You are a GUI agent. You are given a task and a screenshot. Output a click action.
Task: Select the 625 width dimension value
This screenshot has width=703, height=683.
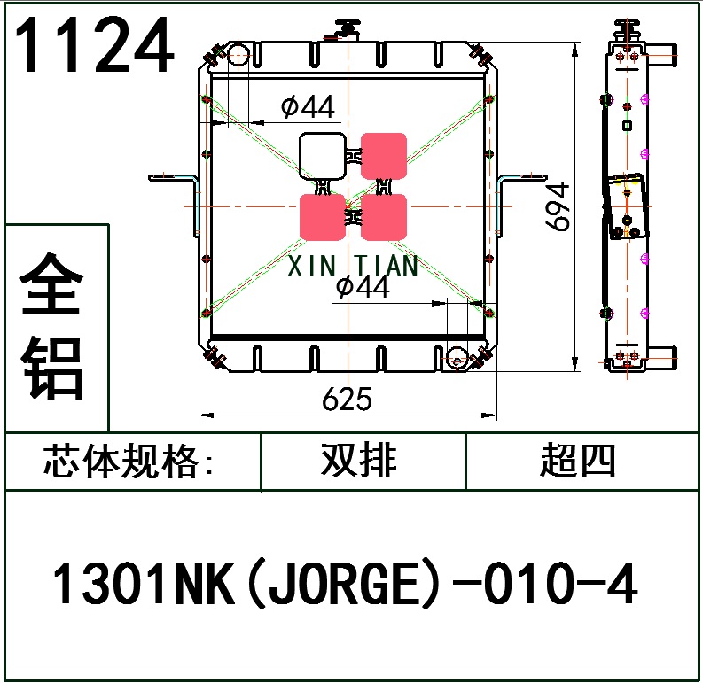[347, 400]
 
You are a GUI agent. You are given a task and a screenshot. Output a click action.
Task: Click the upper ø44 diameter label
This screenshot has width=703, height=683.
[308, 107]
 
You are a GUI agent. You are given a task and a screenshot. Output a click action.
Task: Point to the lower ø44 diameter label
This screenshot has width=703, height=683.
[363, 287]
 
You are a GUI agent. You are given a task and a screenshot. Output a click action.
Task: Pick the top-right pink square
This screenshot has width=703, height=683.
[384, 155]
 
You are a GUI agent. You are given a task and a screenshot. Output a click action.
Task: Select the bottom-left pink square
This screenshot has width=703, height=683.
[322, 218]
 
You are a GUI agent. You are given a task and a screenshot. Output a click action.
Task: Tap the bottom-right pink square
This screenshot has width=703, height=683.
[384, 218]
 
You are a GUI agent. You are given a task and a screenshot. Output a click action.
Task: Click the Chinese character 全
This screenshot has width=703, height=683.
[55, 284]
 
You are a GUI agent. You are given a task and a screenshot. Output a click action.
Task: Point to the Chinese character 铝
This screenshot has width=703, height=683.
[55, 368]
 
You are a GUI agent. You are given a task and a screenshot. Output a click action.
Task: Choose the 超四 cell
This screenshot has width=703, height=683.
[576, 461]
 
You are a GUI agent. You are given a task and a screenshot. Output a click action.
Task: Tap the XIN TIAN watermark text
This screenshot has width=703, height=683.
[353, 266]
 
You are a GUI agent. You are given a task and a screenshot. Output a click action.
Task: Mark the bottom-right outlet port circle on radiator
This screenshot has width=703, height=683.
[457, 358]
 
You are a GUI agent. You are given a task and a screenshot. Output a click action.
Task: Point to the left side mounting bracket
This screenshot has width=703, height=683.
[174, 181]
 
